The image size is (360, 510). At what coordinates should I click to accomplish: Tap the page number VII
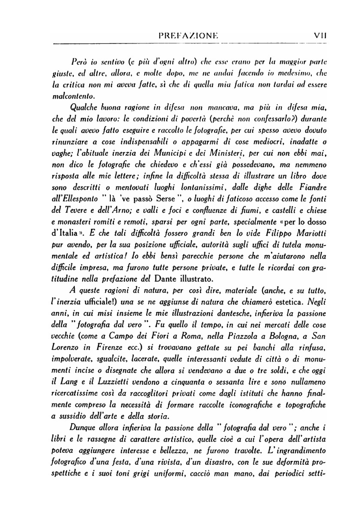(320, 36)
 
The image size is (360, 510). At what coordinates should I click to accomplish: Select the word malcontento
(72, 96)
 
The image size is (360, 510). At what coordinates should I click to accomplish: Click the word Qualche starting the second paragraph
(84, 107)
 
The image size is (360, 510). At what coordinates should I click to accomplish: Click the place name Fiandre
(312, 187)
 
